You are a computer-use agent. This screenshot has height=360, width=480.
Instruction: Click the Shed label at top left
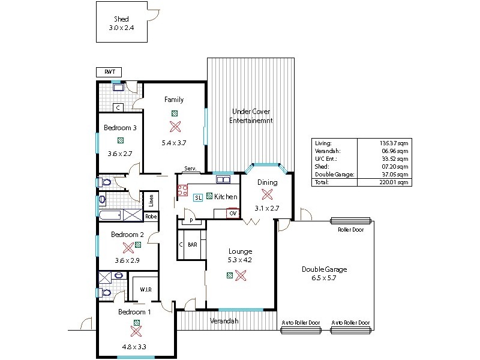coord(121,19)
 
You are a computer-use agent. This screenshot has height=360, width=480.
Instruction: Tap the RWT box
coord(109,72)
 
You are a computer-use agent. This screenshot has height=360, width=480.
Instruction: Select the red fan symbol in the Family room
coord(175,127)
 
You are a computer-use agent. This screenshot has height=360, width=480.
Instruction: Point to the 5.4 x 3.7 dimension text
coord(174,143)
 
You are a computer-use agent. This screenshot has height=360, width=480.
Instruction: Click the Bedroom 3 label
coord(120,128)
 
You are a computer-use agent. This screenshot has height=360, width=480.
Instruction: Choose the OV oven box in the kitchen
coord(232,213)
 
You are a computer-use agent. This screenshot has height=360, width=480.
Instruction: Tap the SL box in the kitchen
coord(198,197)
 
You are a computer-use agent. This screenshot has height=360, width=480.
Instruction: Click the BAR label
coord(193,245)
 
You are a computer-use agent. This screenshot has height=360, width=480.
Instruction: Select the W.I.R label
coord(145,289)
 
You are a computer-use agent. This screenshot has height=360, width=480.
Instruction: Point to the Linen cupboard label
coord(151,200)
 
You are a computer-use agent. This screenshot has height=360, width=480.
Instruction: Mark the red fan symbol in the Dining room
coord(266,194)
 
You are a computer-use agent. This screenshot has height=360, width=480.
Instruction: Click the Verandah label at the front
coord(224,321)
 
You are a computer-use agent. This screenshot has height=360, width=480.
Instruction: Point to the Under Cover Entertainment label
coord(251,116)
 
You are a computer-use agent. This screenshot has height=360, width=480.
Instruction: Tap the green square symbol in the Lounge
coord(230,275)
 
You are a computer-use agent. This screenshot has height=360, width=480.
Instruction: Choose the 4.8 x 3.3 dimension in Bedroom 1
coord(135,346)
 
